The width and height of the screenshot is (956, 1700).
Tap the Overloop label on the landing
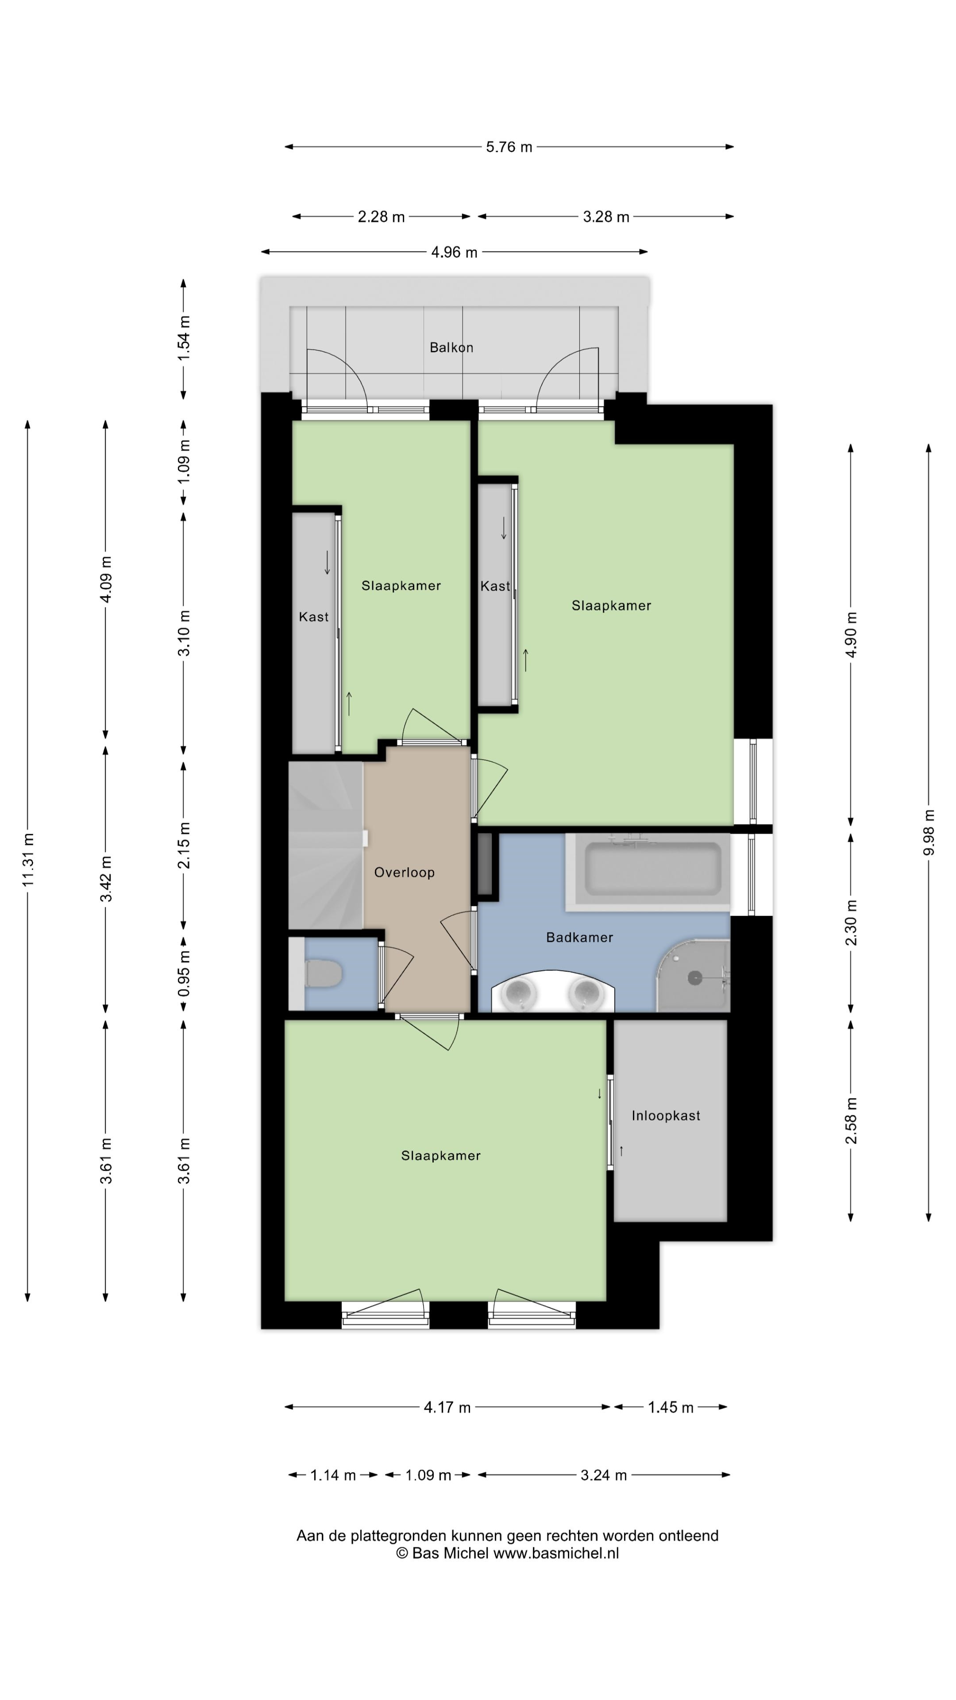[x=405, y=873]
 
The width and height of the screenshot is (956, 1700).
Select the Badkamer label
[x=580, y=937]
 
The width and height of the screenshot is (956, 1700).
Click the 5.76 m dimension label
[x=509, y=147]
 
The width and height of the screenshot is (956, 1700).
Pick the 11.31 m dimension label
[x=28, y=860]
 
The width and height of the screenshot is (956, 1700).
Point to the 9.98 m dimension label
[x=928, y=832]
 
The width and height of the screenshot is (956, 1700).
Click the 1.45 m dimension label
[x=671, y=1408]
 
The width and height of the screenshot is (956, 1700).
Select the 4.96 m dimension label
[x=454, y=252]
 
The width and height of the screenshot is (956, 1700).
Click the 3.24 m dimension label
[x=604, y=1475]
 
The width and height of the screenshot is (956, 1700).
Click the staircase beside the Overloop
[x=325, y=846]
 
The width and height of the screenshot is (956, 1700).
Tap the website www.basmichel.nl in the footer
[x=556, y=1553]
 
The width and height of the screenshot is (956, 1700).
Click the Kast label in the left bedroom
[x=313, y=617]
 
